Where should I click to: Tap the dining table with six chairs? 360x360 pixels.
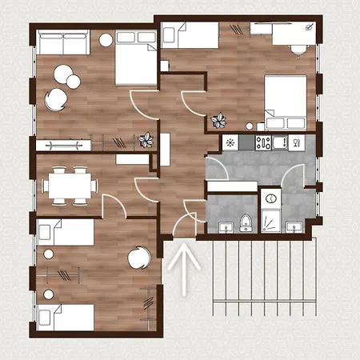pyautogui.click(x=70, y=185)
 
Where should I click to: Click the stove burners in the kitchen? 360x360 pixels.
pyautogui.click(x=262, y=143)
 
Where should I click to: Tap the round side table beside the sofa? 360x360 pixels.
pyautogui.click(x=106, y=39)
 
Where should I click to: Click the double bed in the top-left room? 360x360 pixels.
pyautogui.click(x=135, y=58)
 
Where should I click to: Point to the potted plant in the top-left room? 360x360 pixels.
pyautogui.click(x=146, y=140)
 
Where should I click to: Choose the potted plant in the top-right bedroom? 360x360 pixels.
pyautogui.click(x=218, y=122)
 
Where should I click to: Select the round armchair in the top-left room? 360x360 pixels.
pyautogui.click(x=56, y=98)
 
